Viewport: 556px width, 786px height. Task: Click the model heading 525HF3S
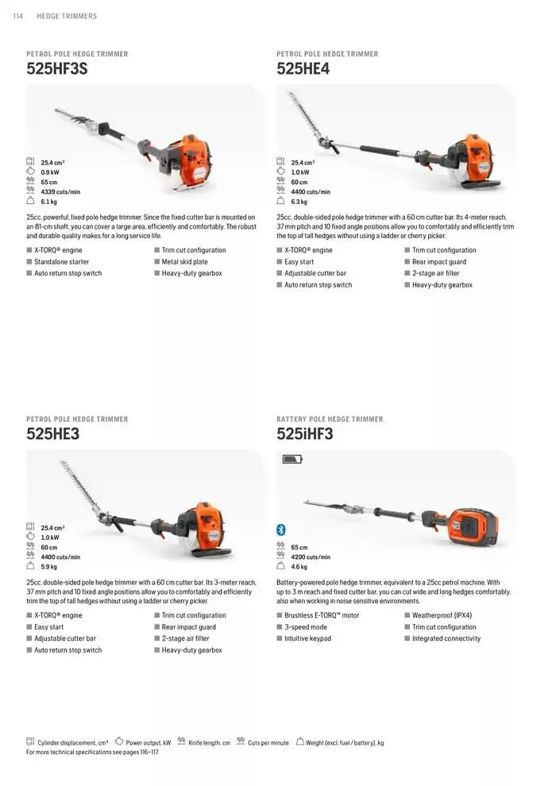coord(56,69)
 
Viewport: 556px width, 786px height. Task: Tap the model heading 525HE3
coord(52,434)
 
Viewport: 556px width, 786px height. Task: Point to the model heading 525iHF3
coord(305,434)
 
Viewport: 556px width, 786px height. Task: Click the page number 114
coord(17,16)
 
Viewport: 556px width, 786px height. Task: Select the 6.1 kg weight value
coord(48,202)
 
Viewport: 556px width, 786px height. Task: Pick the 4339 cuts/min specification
coord(60,192)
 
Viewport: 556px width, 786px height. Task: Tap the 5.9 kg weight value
coord(48,567)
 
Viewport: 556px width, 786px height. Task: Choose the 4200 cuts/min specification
coord(311,557)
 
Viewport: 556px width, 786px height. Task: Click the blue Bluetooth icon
coord(280,530)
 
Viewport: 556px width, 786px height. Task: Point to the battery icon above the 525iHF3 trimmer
coord(292,459)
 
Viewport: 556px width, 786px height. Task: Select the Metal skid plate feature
coord(184,262)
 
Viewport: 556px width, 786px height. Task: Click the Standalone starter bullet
coord(61,262)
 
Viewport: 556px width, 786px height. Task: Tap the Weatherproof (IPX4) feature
coord(442,615)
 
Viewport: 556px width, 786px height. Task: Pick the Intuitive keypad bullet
coord(307,638)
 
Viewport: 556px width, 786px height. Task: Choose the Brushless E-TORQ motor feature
coord(322,615)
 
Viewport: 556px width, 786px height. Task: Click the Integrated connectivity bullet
coord(446,638)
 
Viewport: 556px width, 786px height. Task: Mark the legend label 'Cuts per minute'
coord(268,743)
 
